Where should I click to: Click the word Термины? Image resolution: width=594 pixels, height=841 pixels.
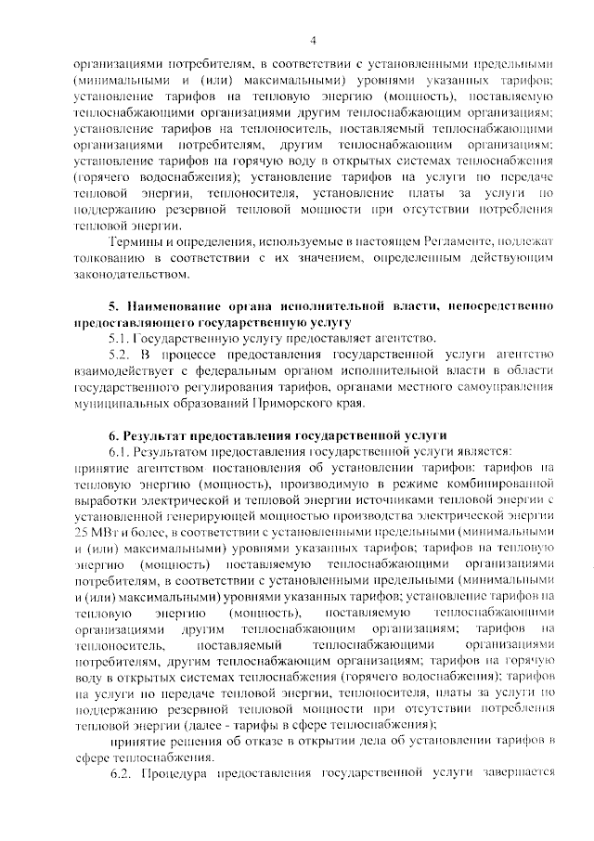tap(135, 240)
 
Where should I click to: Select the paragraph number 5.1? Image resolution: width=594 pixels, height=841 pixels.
tap(123, 338)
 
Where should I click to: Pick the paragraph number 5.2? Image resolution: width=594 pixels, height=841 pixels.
tap(123, 355)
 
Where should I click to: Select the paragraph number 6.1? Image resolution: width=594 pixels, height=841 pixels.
tap(122, 451)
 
